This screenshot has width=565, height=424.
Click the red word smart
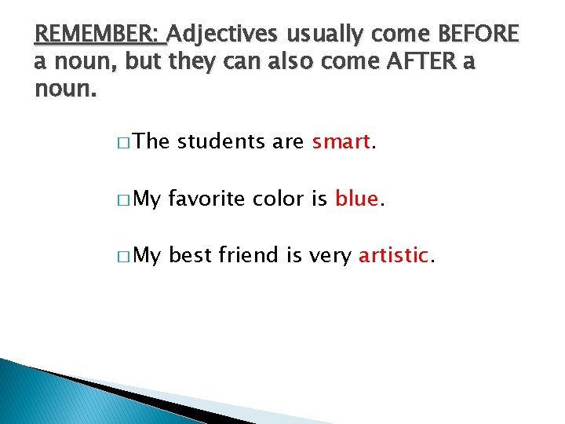pos(341,142)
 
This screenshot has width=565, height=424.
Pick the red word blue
pos(357,199)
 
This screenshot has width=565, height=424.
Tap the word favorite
pos(207,199)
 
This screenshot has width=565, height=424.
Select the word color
pos(278,199)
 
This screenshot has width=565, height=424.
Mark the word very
pos(330,255)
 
